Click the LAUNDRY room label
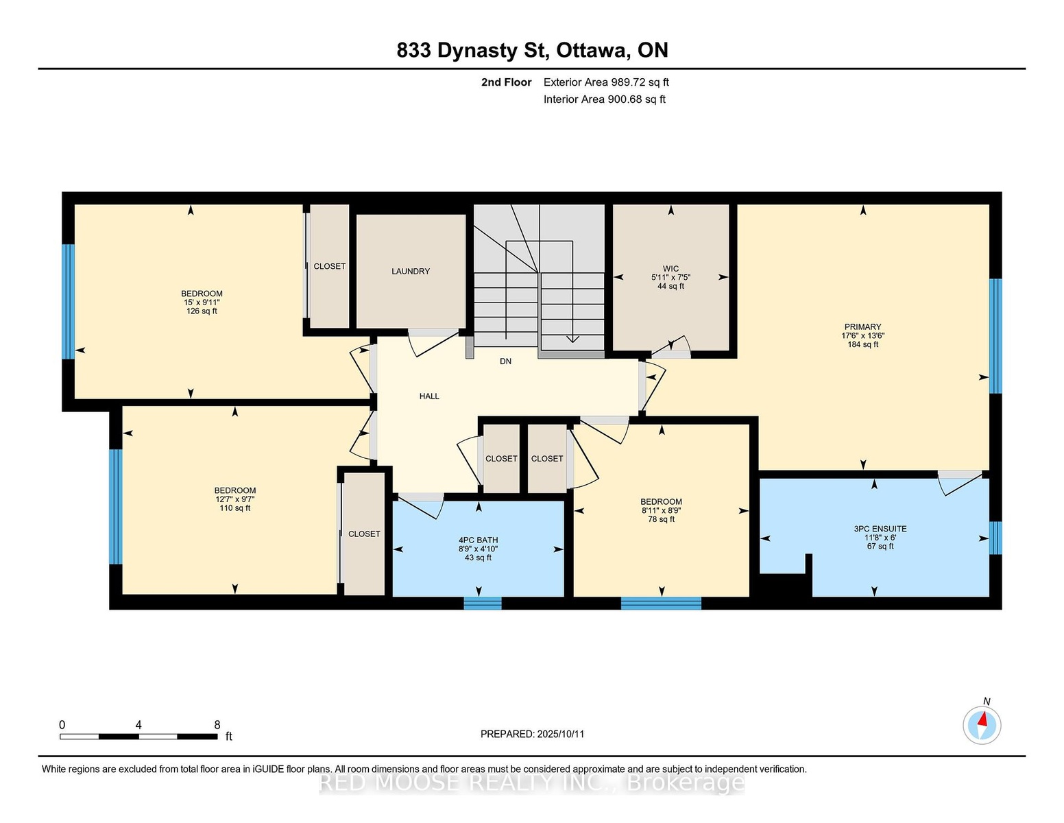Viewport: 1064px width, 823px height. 411,271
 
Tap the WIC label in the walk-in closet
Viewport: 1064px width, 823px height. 670,269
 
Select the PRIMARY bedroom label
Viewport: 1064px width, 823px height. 862,327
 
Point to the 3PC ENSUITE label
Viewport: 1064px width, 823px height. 880,529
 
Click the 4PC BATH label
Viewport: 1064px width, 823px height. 478,540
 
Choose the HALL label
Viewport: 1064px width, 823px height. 429,396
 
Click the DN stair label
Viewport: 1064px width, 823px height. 505,361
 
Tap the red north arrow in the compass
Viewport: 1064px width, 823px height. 982,719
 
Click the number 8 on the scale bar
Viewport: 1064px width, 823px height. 217,725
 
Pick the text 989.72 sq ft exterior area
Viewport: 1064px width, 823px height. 640,82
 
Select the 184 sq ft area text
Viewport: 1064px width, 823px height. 862,345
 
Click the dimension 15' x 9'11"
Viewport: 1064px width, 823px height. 202,302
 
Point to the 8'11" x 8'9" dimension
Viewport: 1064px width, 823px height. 661,510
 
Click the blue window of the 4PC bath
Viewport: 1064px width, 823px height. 483,603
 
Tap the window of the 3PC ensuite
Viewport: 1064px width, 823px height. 995,538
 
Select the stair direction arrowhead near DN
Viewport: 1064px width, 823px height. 572,339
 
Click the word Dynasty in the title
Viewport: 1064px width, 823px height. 476,51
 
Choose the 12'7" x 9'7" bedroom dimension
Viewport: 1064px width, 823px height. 235,499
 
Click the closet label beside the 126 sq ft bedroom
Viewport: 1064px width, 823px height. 330,266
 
